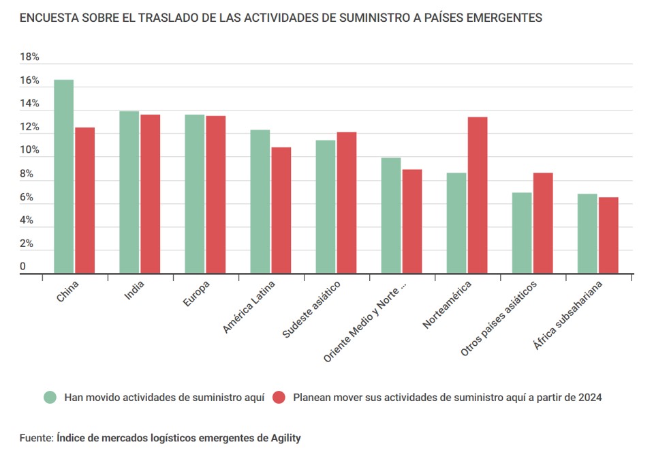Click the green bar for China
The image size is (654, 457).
tap(64, 177)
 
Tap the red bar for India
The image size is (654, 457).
tap(151, 194)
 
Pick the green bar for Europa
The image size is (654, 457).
tap(195, 194)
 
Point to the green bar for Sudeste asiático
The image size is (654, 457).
tap(326, 207)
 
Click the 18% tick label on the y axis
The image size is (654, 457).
tap(29, 57)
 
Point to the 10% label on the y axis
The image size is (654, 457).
tap(29, 151)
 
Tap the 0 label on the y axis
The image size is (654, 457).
tap(22, 267)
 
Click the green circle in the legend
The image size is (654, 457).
tap(49, 397)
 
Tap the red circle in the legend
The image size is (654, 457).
tap(278, 397)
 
